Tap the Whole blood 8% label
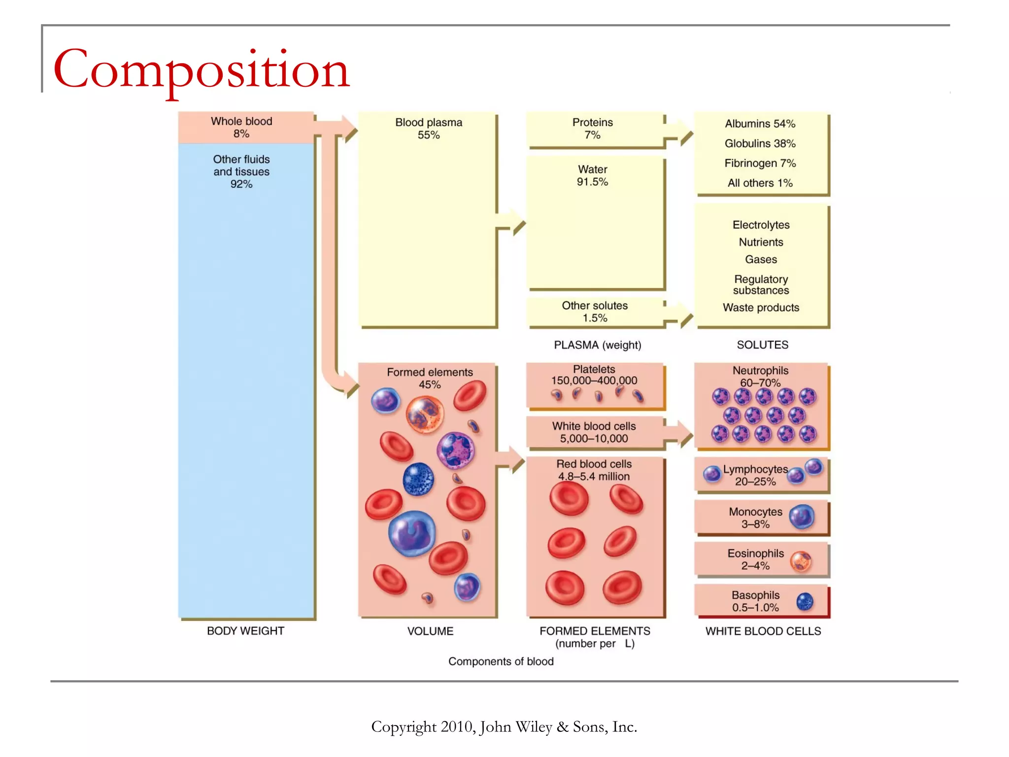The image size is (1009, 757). point(241,127)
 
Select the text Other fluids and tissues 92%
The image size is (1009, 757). point(241,172)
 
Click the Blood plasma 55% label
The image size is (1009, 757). point(429,128)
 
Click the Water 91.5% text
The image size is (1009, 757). point(593,175)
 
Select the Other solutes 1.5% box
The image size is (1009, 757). point(595,311)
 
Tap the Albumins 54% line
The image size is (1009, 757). point(760,124)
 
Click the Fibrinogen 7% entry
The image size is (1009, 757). point(760,163)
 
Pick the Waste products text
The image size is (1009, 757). point(761,308)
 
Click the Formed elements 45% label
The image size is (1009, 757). point(430,378)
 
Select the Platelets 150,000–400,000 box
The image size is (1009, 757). point(594,384)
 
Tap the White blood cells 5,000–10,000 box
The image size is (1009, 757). point(594,432)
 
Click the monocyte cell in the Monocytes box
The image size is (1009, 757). point(802,517)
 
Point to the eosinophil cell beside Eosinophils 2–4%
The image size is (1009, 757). point(801,561)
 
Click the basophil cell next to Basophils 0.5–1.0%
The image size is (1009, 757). point(805,601)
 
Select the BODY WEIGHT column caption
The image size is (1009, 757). point(245,631)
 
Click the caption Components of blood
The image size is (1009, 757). point(501,661)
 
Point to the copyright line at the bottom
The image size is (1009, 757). point(504,727)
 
